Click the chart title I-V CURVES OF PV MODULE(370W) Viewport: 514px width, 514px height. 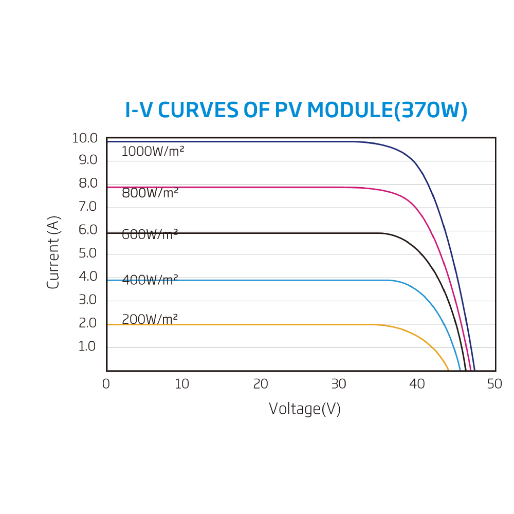pos(296,111)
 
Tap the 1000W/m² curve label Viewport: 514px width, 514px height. pos(153,152)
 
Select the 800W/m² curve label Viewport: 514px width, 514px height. pos(150,193)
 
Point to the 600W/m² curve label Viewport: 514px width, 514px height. pos(150,234)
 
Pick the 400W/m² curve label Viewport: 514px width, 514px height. pos(150,280)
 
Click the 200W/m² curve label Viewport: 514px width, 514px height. pos(150,319)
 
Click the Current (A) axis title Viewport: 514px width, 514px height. pos(53,252)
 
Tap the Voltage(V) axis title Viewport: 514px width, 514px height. pos(305,409)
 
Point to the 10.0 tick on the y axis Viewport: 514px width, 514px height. pos(85,138)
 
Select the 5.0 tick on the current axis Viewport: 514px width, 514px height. pos(88,253)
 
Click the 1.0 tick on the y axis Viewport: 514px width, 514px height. pos(87,346)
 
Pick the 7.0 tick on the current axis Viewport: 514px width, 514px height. pos(88,207)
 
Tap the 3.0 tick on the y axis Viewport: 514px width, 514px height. pos(88,300)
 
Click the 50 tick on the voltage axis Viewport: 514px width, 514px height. pos(494,384)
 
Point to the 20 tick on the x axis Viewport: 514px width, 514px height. pos(261,384)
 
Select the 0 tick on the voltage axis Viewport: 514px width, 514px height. pos(106,384)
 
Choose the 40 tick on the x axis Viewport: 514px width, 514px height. pos(417,384)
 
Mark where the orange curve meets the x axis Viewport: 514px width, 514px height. pos(449,370)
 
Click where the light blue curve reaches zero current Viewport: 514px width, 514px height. pos(460,370)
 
